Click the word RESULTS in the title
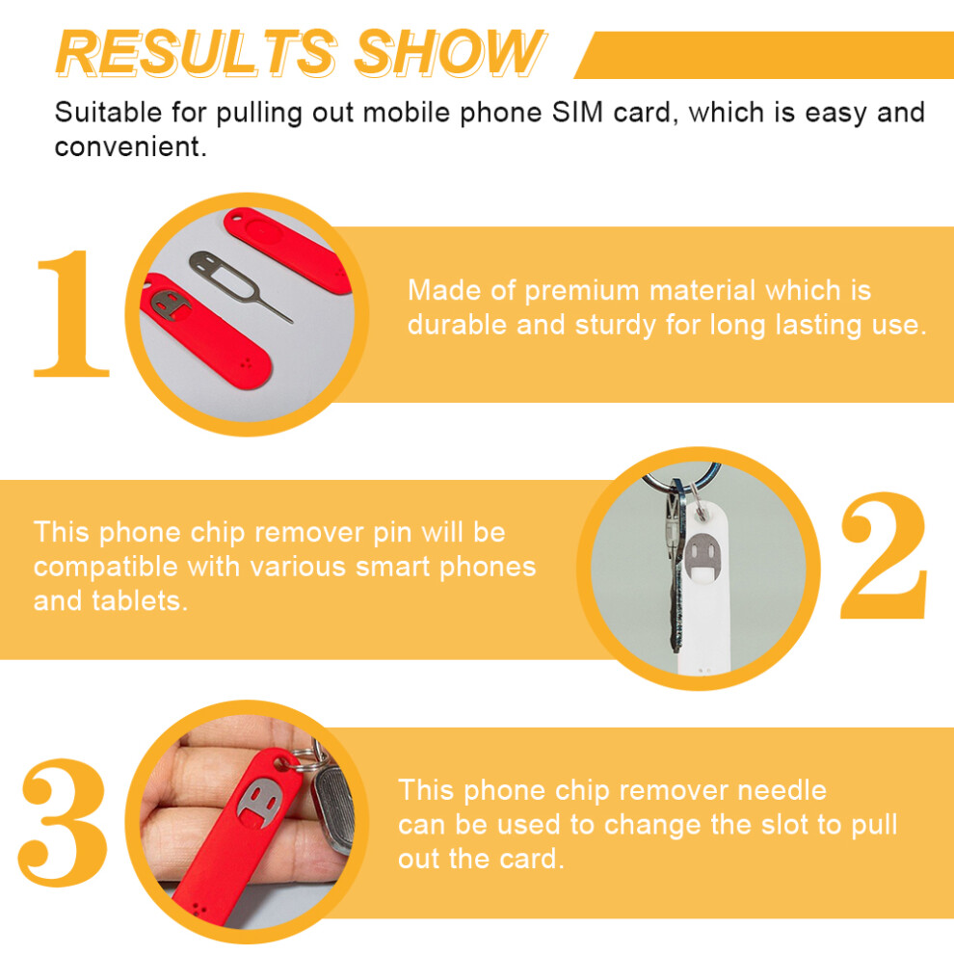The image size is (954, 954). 196,53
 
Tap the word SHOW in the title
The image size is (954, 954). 450,53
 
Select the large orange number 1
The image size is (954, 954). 71,313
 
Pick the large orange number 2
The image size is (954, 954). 884,555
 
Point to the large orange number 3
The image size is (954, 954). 64,822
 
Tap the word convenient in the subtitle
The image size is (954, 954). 130,146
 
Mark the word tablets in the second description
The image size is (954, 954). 140,600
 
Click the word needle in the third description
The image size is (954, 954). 782,790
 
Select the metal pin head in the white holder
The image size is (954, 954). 702,554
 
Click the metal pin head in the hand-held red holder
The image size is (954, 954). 261,802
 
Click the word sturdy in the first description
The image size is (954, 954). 616,326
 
